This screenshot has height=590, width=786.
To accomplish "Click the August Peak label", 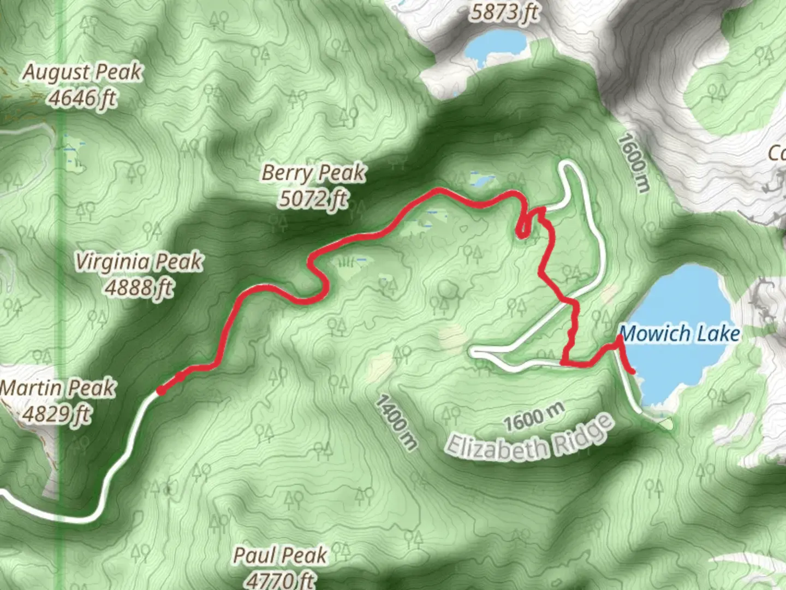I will coord(82,72).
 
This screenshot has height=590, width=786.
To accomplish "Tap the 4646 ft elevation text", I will coord(82,98).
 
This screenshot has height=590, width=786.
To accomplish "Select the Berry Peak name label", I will coord(313,173).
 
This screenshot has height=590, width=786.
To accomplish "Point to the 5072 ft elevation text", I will coord(313,198).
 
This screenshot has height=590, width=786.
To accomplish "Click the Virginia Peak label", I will coord(139,262).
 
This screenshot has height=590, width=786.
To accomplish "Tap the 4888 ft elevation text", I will coord(139,287).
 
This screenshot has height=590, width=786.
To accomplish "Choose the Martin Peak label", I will coord(58,388).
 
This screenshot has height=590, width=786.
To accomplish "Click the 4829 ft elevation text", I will coord(57,414).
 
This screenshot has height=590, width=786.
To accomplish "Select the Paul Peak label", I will coord(280,556).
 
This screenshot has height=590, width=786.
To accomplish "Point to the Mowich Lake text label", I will coord(680,333).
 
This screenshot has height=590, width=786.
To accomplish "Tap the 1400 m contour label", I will coord(395,422).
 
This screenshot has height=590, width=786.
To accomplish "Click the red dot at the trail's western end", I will coord(161,390).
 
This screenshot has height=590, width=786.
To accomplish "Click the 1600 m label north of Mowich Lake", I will coord(634,163).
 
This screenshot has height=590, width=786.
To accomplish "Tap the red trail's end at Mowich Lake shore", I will coord(633,372).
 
